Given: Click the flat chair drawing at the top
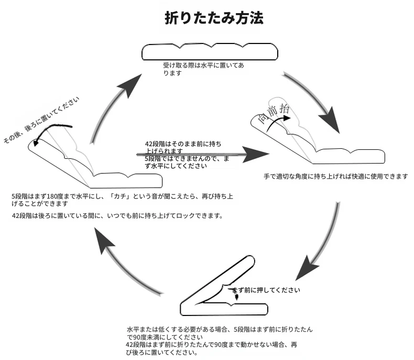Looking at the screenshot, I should pos(209,52).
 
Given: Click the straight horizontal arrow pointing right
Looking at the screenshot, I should pos(204,155).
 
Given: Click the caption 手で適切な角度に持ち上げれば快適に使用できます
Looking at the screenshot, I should pos(335,177).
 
